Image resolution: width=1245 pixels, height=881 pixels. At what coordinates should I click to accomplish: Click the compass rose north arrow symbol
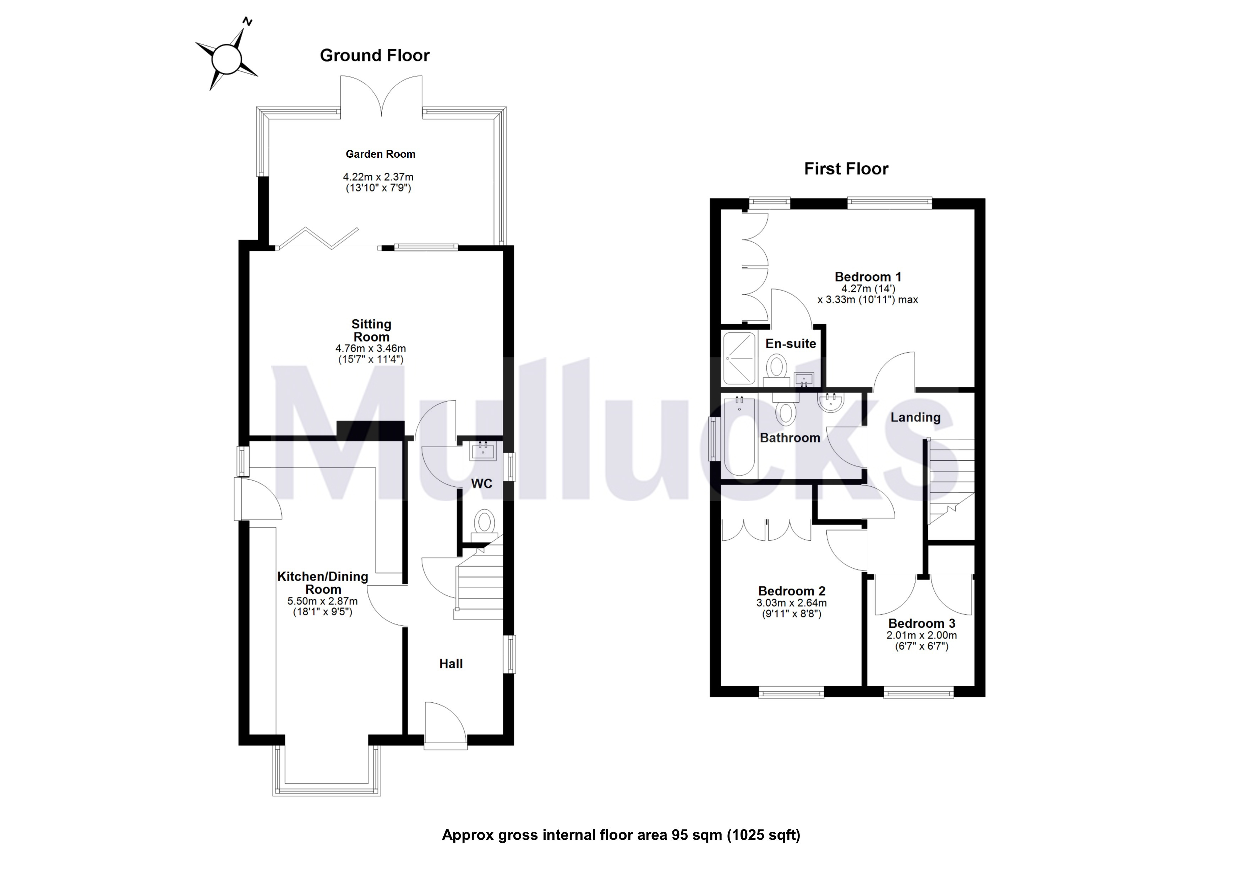pos(226,58)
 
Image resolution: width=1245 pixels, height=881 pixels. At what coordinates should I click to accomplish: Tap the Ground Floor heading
pos(375,55)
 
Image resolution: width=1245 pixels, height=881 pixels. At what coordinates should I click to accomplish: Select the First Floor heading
pos(846,169)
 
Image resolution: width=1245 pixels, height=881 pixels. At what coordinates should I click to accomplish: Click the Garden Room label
pos(380,154)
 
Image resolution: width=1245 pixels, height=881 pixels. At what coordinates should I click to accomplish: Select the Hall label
pos(451,664)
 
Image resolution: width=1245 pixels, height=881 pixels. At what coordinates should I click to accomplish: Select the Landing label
pos(915,417)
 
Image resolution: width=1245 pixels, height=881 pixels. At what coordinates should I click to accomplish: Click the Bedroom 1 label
pos(868,277)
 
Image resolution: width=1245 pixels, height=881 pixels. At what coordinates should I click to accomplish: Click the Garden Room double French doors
pos(381,98)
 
